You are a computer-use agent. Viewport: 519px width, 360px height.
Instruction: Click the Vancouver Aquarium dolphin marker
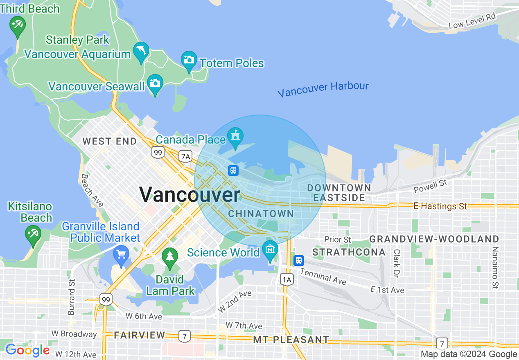(x=141, y=51)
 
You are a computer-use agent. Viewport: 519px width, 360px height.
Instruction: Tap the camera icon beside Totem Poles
(x=189, y=61)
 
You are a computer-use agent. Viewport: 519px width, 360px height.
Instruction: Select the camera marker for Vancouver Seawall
(x=155, y=84)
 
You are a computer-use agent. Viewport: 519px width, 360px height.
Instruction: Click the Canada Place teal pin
(x=235, y=136)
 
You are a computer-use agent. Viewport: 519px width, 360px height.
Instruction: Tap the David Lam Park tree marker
(x=169, y=257)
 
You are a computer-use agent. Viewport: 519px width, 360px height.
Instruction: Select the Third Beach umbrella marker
(x=18, y=26)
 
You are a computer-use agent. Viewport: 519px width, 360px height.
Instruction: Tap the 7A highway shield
(x=185, y=156)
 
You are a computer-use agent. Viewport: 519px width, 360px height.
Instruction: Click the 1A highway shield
(x=287, y=280)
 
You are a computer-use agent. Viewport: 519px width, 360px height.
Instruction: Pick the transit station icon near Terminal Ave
(x=299, y=260)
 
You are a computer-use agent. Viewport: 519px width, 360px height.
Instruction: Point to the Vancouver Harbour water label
(x=323, y=89)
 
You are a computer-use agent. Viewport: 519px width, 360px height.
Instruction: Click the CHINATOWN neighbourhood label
(x=261, y=214)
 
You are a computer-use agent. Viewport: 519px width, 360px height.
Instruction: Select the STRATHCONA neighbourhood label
(x=349, y=252)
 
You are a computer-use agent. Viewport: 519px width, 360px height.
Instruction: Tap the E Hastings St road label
(x=440, y=206)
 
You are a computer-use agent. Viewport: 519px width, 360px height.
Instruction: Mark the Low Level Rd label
(x=472, y=21)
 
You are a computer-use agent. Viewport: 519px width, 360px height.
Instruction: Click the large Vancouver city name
(x=190, y=194)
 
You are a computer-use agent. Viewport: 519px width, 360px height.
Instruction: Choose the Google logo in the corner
(x=27, y=350)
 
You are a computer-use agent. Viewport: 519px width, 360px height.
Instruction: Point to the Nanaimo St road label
(x=495, y=268)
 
